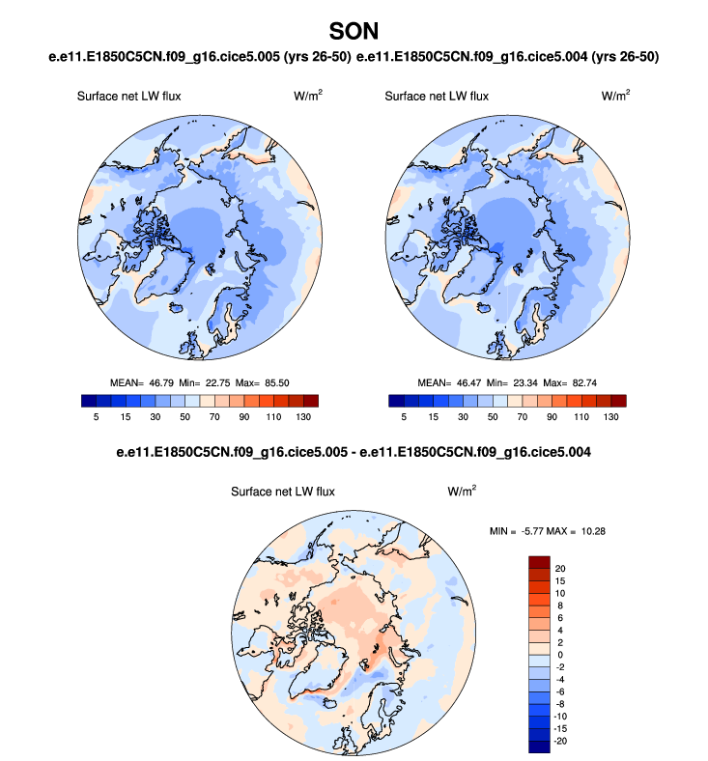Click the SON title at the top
[x=354, y=32]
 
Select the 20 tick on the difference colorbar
[x=560, y=568]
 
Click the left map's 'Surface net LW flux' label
[x=128, y=97]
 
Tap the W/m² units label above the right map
[x=615, y=96]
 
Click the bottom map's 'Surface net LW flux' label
[x=282, y=492]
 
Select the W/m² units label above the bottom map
[x=461, y=491]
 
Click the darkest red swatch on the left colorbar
[x=310, y=401]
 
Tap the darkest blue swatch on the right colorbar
[x=396, y=401]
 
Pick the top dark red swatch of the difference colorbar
[x=539, y=561]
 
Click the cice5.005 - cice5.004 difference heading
[x=354, y=452]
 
